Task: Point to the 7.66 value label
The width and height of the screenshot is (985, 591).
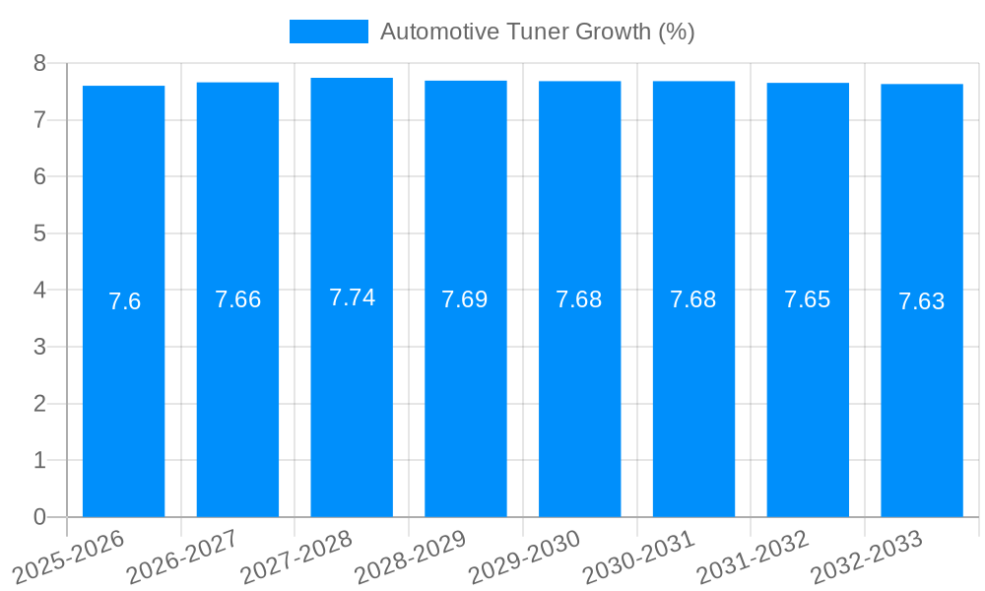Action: (237, 299)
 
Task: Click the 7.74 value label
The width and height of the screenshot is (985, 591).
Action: (352, 297)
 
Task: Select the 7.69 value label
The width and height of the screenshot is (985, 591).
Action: (465, 299)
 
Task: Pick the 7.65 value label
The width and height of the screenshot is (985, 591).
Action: (808, 299)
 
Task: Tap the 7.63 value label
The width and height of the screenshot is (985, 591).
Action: (922, 301)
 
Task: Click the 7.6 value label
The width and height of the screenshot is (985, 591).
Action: (124, 301)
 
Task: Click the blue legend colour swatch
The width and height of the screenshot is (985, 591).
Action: (328, 32)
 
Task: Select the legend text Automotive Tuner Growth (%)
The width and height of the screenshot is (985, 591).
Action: (538, 32)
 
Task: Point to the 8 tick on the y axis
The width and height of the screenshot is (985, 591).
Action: (39, 63)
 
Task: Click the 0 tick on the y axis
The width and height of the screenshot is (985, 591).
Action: (39, 517)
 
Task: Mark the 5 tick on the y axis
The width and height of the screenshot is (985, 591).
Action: (39, 233)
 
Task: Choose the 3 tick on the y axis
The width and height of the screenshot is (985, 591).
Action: (39, 347)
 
